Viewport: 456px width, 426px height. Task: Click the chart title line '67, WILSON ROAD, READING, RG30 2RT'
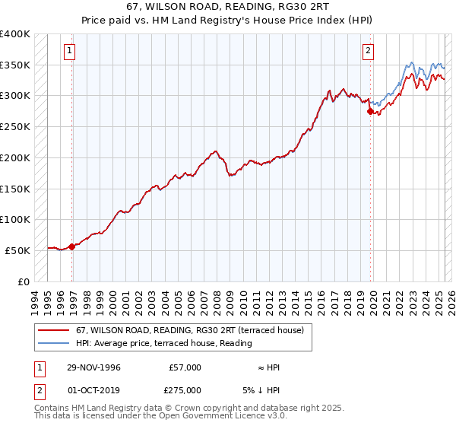[x=228, y=7]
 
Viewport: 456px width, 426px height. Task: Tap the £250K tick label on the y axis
[x=15, y=126]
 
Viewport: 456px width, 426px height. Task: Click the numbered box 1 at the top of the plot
[x=69, y=51]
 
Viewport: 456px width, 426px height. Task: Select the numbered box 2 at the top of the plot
[x=368, y=51]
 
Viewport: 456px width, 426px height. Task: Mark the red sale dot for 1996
[x=72, y=246]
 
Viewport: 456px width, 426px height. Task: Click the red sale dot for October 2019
[x=370, y=111]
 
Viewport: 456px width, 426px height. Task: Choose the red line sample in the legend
[x=54, y=330]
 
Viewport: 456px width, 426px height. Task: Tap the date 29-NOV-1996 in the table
[x=93, y=367]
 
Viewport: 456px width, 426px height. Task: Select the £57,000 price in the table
[x=185, y=367]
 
